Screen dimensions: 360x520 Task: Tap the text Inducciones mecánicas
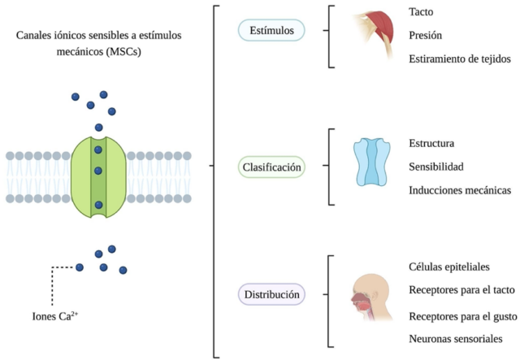pyautogui.click(x=460, y=190)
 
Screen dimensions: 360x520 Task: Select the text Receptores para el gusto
pyautogui.click(x=461, y=315)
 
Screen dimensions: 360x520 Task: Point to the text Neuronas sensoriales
pyautogui.click(x=456, y=339)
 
